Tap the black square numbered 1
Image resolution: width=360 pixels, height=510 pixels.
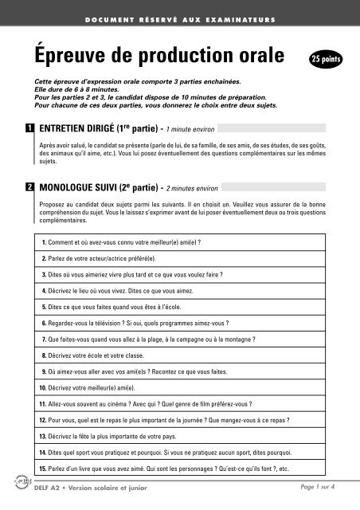tap(28, 127)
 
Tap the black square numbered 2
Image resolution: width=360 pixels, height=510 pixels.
tap(28, 186)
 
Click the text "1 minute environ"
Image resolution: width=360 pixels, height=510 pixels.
tap(185, 128)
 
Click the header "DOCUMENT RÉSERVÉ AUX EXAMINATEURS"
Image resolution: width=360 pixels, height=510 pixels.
tap(179, 18)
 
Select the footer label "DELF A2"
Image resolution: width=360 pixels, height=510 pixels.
tap(53, 498)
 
